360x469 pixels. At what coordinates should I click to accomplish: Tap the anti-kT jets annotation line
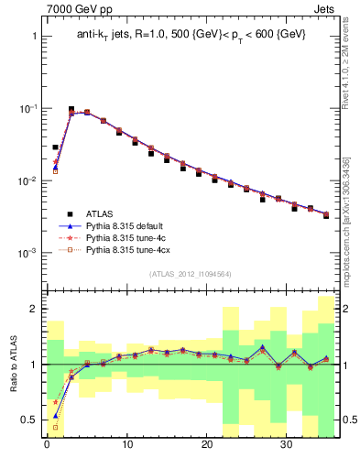(191, 35)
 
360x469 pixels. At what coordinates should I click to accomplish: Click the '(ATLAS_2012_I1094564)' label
(191, 273)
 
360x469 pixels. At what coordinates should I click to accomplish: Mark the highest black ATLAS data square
(71, 109)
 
